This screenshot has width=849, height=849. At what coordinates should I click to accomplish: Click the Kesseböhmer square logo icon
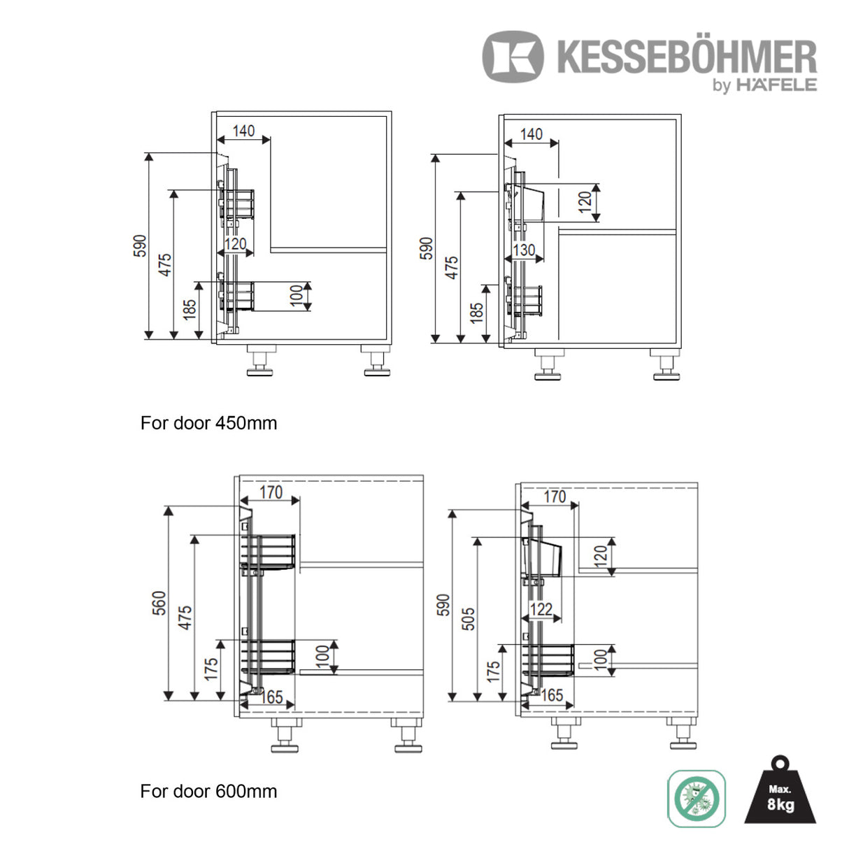pos(513,57)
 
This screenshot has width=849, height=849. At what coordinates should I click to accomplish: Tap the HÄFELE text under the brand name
pos(777,85)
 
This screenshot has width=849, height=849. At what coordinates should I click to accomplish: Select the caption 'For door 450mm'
pos(208,423)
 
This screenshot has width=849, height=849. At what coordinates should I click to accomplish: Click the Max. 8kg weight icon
pos(780,790)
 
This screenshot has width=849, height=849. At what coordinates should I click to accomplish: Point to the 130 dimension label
pos(524,250)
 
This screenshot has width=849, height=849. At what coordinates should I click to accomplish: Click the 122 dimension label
pos(541,610)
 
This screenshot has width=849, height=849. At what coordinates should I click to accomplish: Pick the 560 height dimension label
pos(159,603)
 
